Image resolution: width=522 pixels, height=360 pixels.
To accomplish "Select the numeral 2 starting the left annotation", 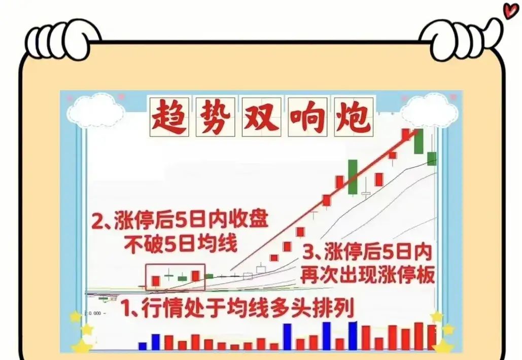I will [x=97, y=221].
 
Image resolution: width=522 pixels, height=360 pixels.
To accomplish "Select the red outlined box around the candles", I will [x=175, y=277].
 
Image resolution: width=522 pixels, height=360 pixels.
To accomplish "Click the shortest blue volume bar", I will [x=143, y=346].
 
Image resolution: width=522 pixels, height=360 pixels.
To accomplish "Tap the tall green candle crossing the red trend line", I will [x=353, y=177].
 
